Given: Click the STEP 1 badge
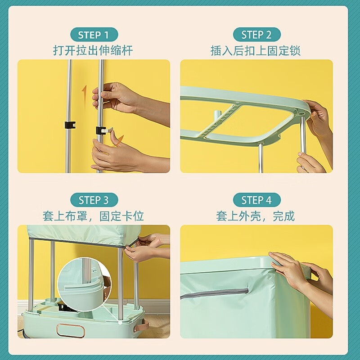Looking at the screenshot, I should [x=94, y=35].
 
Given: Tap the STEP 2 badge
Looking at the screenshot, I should [x=256, y=35].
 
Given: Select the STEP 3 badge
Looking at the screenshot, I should [x=94, y=200].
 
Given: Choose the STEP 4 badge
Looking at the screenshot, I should [x=256, y=200].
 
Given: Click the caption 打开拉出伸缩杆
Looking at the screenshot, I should [x=93, y=50].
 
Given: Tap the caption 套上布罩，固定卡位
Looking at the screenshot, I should [x=93, y=216].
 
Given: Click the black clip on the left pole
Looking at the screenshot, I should [x=70, y=124].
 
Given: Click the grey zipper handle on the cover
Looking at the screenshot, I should [x=214, y=293].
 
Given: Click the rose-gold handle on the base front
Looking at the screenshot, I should [x=70, y=328].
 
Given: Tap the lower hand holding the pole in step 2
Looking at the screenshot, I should [x=310, y=163].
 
